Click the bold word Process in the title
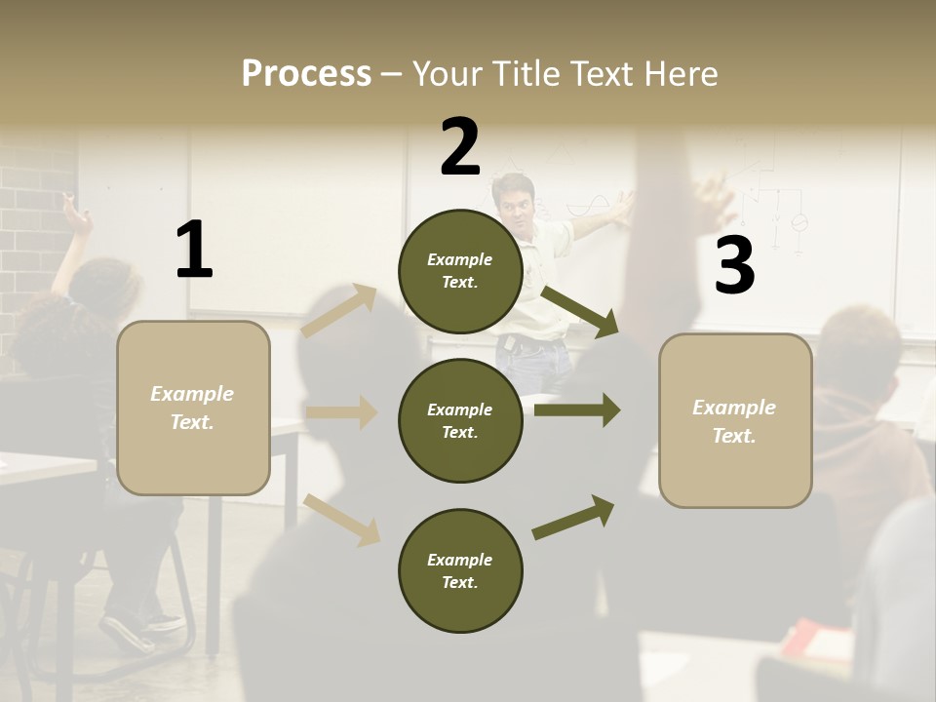click(306, 73)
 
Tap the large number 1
click(194, 250)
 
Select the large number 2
click(460, 146)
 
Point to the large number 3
click(734, 265)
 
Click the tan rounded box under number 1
click(193, 408)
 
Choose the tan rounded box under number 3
click(735, 420)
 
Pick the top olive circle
click(460, 271)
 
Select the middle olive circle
click(460, 420)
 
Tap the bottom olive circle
click(460, 570)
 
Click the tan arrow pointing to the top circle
click(339, 311)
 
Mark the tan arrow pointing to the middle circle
click(341, 412)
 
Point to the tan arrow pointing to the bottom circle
click(341, 519)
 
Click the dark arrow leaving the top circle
click(580, 311)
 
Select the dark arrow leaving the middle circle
click(577, 409)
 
